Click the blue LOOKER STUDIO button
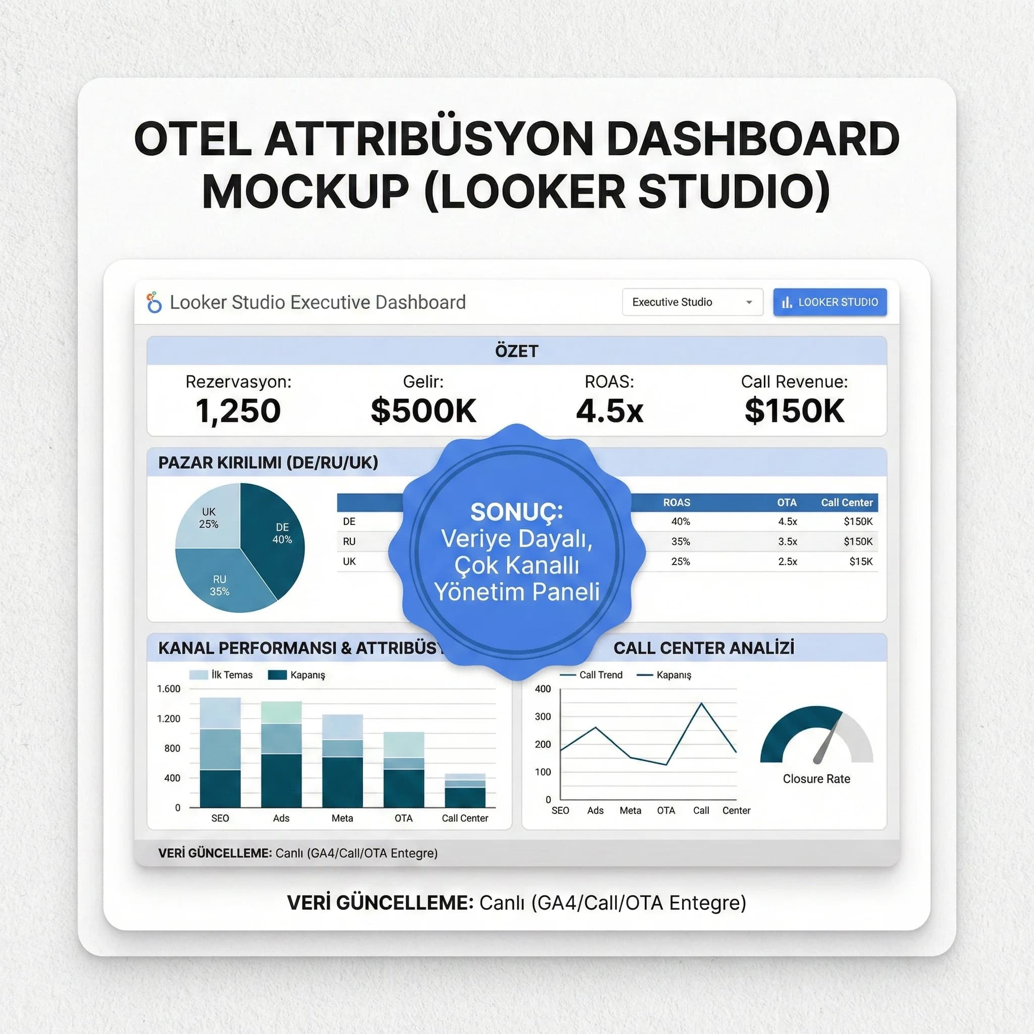point(830,302)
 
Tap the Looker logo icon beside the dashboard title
point(154,302)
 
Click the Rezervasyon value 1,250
point(238,411)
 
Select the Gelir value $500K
point(423,411)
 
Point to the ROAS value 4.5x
point(609,411)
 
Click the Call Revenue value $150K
point(794,411)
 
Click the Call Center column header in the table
point(847,502)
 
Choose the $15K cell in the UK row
point(861,561)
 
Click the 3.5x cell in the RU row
point(787,542)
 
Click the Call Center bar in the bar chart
point(465,792)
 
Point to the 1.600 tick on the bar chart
point(169,689)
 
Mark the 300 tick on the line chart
point(543,716)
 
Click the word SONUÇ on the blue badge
point(516,512)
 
